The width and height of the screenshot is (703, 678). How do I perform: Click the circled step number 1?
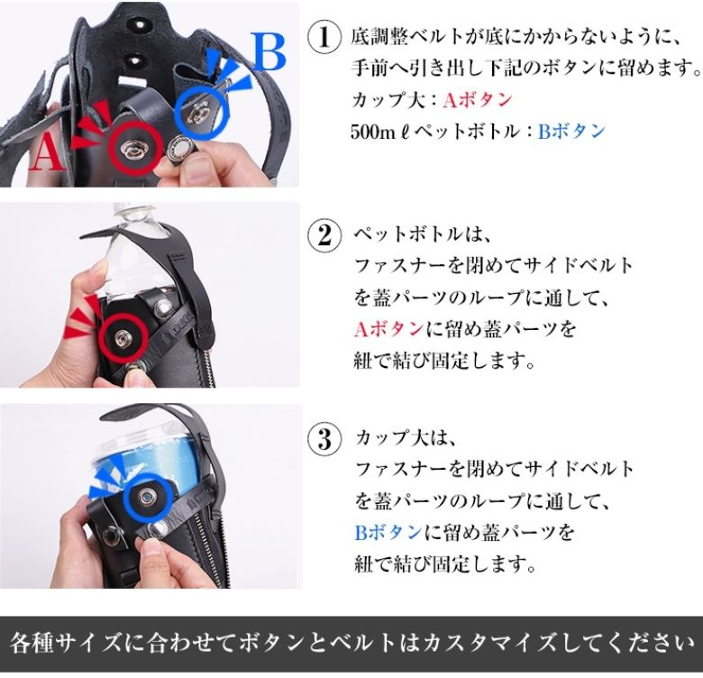click(x=324, y=38)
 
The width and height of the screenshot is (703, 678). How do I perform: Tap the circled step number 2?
click(x=324, y=235)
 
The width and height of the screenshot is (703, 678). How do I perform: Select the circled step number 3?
click(x=324, y=438)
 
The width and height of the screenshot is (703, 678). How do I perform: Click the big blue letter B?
click(x=268, y=51)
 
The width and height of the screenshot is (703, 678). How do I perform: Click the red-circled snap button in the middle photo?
click(x=123, y=336)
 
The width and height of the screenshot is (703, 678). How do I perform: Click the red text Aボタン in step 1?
click(x=477, y=100)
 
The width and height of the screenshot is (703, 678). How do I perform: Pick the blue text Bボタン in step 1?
click(x=571, y=131)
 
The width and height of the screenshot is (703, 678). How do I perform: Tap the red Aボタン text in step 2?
click(x=388, y=330)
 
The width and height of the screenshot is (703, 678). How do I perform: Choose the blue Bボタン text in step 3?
click(x=388, y=533)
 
